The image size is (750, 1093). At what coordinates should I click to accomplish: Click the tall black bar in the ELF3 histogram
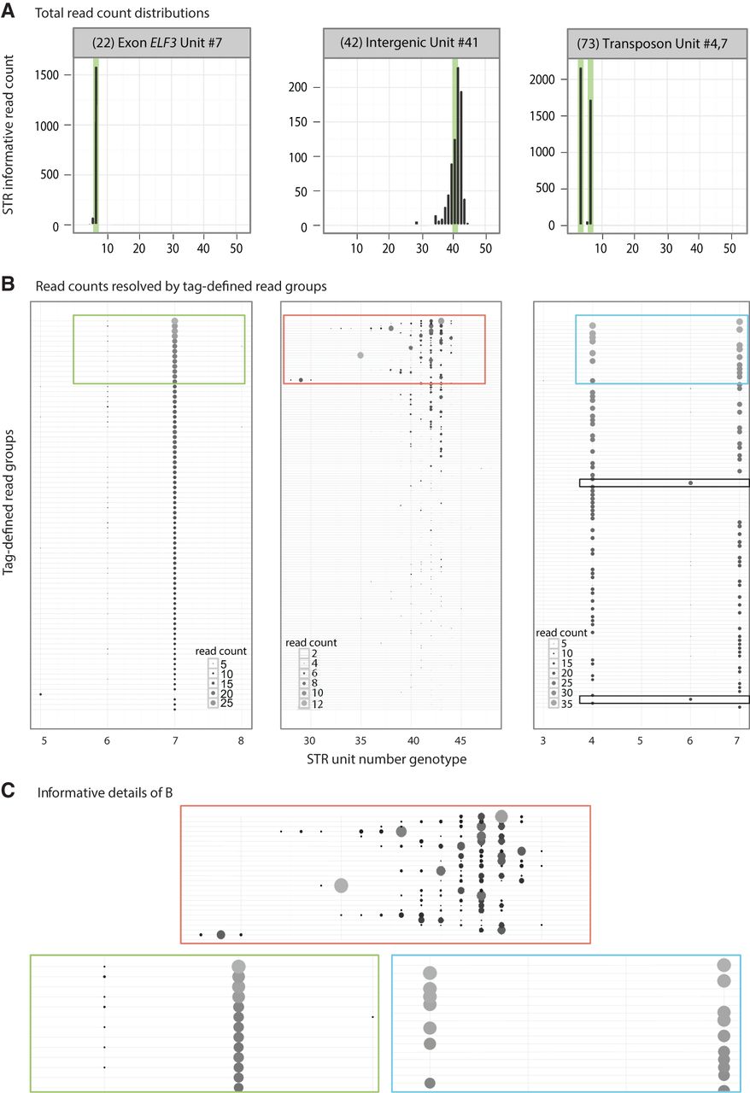coord(96,145)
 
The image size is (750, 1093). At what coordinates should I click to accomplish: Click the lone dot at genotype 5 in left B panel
coord(40,694)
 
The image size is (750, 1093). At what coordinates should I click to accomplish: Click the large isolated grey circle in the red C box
coord(341,886)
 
